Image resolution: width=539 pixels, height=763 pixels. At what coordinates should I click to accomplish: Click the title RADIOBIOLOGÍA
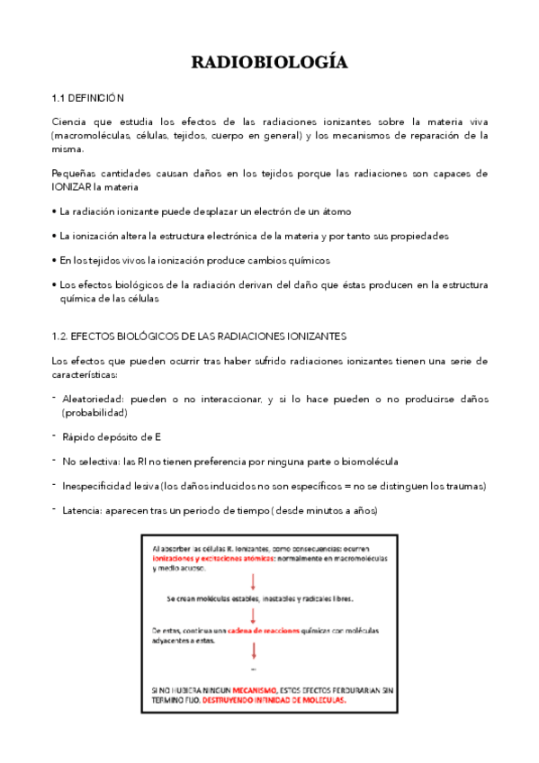click(269, 62)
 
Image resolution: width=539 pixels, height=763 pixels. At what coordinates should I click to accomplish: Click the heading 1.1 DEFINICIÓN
click(88, 97)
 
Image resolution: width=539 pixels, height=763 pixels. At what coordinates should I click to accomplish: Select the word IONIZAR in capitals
click(75, 187)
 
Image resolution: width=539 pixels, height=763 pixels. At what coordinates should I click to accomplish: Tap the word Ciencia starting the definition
click(71, 121)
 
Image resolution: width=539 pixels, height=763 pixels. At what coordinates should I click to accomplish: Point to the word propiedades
click(418, 236)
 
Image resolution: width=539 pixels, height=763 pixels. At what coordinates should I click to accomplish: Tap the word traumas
click(462, 486)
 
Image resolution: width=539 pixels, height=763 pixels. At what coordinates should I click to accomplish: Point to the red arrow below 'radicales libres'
click(254, 615)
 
